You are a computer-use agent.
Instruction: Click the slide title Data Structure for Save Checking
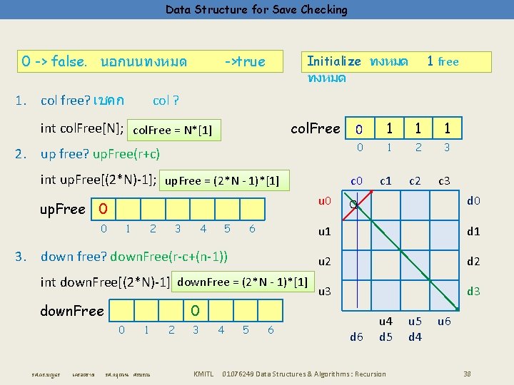[x=256, y=9]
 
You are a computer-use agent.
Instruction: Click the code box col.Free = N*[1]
[x=173, y=130]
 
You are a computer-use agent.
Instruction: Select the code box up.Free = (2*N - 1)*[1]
[x=222, y=181]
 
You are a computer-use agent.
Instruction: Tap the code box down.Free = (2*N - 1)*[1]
[x=242, y=282]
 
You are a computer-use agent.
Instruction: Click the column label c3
[x=444, y=181]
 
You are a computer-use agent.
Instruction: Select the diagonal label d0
[x=473, y=202]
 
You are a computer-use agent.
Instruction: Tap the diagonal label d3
[x=473, y=291]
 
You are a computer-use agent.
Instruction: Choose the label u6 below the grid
[x=444, y=322]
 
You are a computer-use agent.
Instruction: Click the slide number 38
[x=467, y=374]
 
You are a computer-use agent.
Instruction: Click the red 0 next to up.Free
[x=104, y=210]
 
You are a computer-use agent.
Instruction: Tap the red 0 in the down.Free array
[x=195, y=311]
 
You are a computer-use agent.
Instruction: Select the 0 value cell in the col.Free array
[x=361, y=129]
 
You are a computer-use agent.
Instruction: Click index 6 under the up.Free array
[x=252, y=229]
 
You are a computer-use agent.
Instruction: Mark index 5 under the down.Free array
[x=246, y=329]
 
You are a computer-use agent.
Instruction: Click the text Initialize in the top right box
[x=333, y=61]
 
